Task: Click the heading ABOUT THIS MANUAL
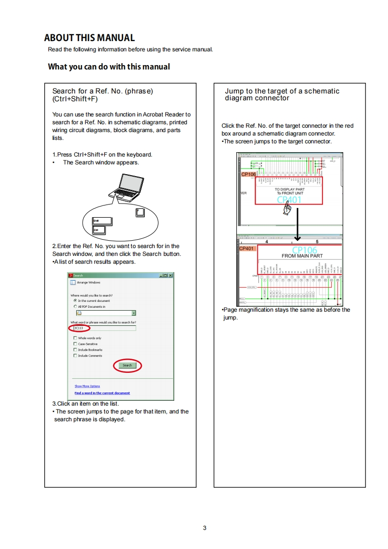(x=89, y=38)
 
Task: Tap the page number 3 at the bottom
(x=205, y=527)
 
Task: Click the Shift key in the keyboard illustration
(x=102, y=221)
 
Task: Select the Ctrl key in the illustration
(x=98, y=229)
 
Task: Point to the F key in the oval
(x=140, y=213)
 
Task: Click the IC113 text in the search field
(x=78, y=328)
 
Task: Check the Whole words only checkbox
(x=75, y=338)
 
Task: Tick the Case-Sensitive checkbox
(x=75, y=344)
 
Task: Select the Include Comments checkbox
(x=75, y=356)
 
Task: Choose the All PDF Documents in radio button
(x=75, y=307)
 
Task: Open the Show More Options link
(x=87, y=386)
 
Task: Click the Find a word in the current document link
(x=102, y=393)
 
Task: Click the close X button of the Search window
(x=170, y=275)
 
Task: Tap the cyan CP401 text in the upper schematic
(x=289, y=199)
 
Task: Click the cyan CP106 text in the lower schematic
(x=304, y=250)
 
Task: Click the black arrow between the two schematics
(x=297, y=228)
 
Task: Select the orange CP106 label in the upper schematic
(x=248, y=174)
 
